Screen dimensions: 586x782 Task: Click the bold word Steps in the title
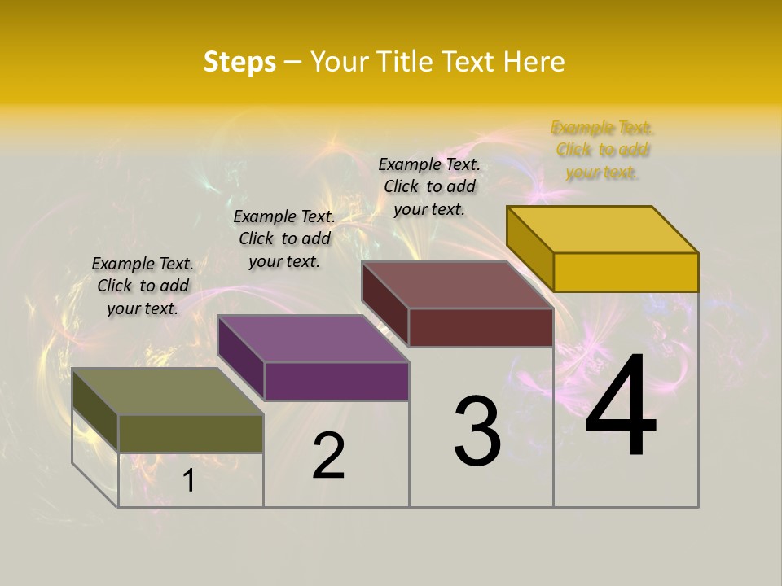point(239,63)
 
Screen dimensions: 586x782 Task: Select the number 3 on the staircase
point(477,431)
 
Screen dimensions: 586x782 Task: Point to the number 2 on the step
point(328,456)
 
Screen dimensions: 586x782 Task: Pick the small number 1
point(188,481)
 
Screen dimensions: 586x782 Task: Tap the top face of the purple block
point(313,339)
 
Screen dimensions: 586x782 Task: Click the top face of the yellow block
point(602,230)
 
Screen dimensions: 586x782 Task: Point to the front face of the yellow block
point(626,272)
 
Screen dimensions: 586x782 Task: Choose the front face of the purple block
point(336,381)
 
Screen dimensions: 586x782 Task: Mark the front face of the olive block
point(191,433)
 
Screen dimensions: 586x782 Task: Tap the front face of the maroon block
point(481,327)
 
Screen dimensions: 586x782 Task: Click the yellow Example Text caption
point(602,150)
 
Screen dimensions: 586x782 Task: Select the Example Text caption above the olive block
point(143,286)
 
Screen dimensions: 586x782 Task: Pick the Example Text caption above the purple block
point(284,238)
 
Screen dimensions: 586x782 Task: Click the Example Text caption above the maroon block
point(429,186)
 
